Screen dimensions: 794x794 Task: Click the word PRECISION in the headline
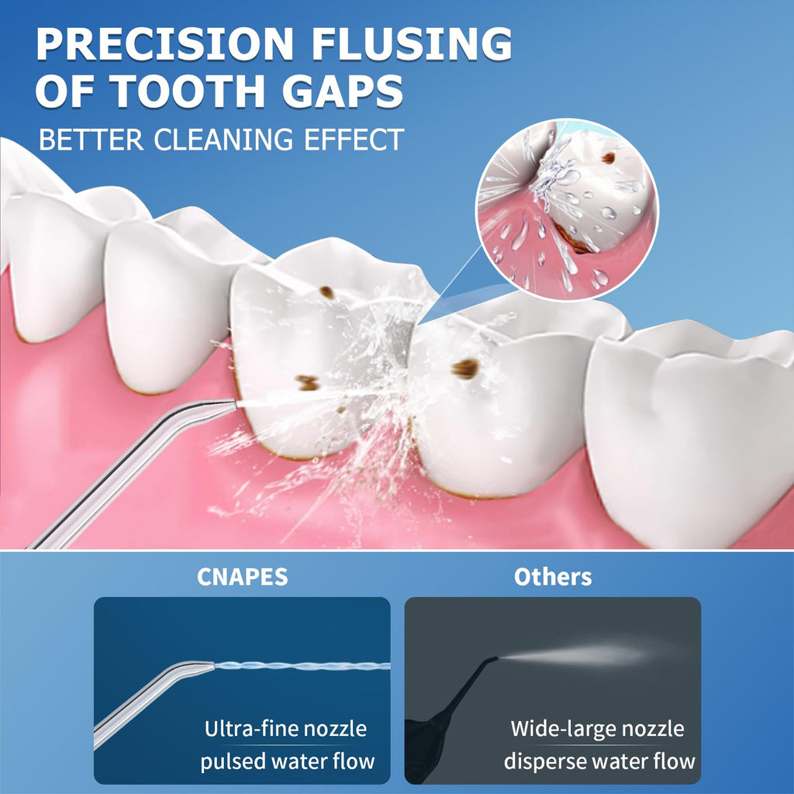tap(164, 43)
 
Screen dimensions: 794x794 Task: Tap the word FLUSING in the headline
tap(411, 43)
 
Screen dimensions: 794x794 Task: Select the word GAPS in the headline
tap(342, 91)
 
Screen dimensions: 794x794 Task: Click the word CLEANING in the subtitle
tap(223, 140)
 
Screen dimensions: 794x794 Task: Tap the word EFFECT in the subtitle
tap(354, 140)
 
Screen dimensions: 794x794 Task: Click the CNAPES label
tap(242, 577)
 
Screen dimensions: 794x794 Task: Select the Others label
tap(552, 577)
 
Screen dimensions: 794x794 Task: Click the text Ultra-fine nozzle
tap(285, 729)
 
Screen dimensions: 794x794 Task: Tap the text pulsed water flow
tap(287, 761)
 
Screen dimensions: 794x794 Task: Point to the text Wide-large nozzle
tap(597, 729)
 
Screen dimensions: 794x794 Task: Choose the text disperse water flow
tap(599, 761)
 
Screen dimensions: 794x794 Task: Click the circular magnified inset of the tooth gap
tap(567, 209)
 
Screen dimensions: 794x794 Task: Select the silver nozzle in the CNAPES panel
tap(152, 699)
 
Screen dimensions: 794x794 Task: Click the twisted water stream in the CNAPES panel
tap(302, 666)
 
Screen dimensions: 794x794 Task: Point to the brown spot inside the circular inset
tap(608, 158)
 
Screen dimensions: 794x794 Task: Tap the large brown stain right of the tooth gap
tap(465, 368)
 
